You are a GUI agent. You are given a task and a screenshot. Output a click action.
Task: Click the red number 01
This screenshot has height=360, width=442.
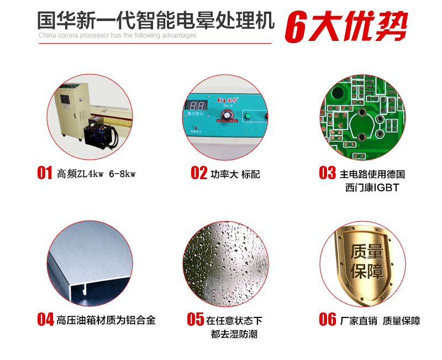(45, 173)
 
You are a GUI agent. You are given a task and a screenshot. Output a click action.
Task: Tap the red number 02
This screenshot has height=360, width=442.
(199, 173)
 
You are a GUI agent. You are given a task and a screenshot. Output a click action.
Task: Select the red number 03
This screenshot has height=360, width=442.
(327, 173)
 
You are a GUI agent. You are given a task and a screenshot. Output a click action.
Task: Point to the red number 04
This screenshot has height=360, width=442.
(45, 319)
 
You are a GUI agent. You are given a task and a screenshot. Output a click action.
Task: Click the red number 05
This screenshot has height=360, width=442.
(196, 319)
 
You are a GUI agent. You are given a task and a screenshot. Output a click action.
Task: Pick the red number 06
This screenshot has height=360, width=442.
(328, 319)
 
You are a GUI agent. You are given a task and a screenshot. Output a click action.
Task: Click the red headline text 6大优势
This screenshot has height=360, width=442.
(346, 26)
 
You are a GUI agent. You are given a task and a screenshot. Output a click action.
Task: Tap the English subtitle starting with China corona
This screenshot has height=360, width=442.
(118, 35)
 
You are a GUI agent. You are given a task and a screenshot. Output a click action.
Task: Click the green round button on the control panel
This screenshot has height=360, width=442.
(248, 116)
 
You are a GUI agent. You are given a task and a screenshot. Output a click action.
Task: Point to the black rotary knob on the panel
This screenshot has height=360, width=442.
(227, 114)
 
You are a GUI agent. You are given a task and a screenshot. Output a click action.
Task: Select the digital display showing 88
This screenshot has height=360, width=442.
(197, 106)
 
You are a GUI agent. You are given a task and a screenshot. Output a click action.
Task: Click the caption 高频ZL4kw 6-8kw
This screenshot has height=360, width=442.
(96, 174)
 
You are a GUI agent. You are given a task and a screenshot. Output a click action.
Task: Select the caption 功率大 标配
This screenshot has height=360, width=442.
(235, 174)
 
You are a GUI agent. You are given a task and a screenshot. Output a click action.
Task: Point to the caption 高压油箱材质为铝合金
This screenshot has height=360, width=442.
(106, 320)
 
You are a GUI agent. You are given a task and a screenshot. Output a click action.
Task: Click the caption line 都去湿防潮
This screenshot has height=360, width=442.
(234, 334)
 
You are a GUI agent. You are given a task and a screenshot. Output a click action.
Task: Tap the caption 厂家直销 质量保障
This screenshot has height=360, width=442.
(380, 321)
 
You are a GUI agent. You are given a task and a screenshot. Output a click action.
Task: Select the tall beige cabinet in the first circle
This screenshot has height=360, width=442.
(73, 110)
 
